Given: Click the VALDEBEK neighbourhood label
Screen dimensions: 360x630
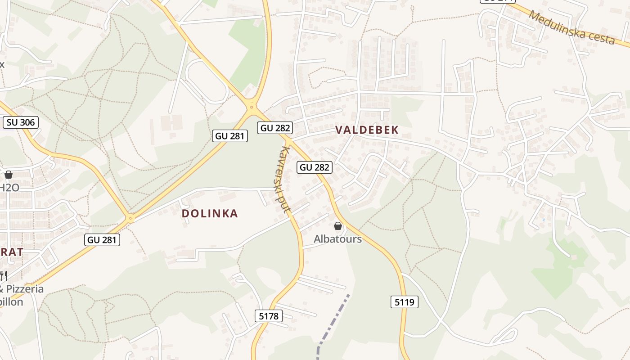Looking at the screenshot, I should [367, 130].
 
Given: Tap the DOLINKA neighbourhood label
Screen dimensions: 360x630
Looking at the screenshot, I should [210, 213].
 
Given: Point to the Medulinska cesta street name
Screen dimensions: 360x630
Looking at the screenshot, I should [571, 28].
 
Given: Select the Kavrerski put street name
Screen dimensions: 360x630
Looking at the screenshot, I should [284, 179].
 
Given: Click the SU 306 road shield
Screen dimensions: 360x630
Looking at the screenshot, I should [21, 122].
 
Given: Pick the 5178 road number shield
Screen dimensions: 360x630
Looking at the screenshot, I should [269, 316].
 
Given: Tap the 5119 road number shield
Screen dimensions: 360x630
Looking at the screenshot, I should [404, 302].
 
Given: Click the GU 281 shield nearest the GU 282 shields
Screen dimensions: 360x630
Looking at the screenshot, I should [230, 135].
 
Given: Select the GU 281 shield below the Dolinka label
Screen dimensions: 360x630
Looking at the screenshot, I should [102, 240].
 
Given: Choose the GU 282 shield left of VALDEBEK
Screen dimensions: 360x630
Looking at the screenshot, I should [275, 128].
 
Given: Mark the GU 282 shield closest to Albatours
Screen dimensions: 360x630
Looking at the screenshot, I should [315, 167].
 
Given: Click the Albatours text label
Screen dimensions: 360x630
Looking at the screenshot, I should [337, 239].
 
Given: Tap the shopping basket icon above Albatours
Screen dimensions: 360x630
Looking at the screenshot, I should [338, 226].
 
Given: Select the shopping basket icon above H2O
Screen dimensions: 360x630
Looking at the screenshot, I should [9, 175].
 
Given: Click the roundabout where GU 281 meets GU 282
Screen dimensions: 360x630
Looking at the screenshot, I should [252, 107].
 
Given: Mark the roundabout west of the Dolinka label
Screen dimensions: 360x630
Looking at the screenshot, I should [131, 219].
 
